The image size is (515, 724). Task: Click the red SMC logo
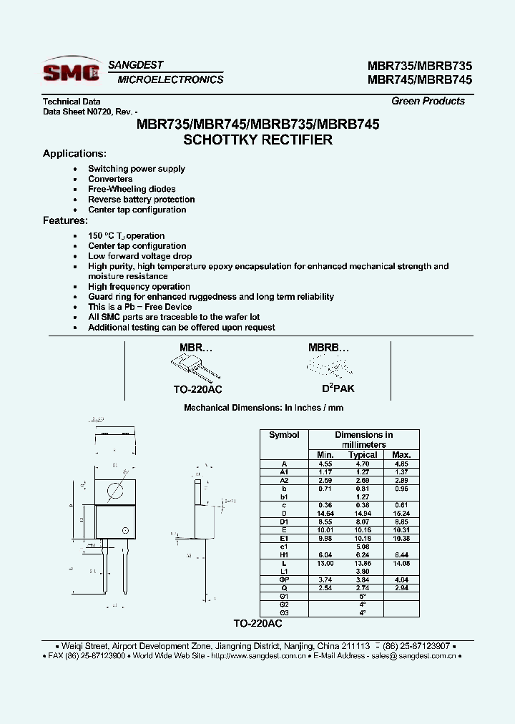tap(70, 72)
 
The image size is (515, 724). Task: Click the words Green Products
tap(428, 101)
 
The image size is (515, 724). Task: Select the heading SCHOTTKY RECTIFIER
tap(257, 140)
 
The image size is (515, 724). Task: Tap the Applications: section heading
tap(74, 154)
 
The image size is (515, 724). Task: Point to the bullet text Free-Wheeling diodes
tap(132, 189)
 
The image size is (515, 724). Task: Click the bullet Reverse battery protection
tap(141, 200)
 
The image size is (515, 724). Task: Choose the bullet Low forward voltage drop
tap(139, 256)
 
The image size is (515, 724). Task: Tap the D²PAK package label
tap(338, 388)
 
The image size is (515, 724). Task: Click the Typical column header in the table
tap(363, 455)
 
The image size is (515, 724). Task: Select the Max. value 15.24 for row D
tap(401, 514)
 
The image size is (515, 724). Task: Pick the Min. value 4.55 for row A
tap(325, 464)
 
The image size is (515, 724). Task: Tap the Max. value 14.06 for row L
tap(401, 564)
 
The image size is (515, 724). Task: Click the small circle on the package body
tap(126, 532)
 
